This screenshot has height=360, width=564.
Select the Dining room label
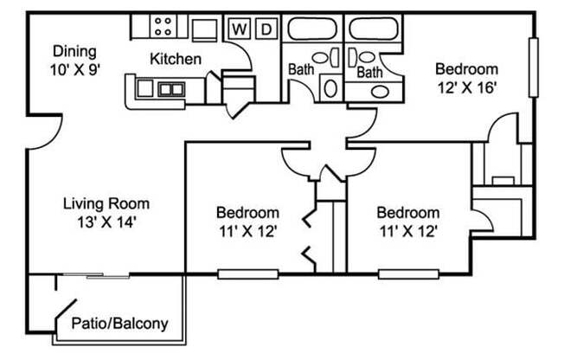[x=74, y=50]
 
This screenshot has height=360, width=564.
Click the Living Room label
[x=106, y=204]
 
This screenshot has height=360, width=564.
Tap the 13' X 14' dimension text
[x=106, y=221]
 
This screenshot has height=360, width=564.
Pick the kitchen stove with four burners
[x=163, y=27]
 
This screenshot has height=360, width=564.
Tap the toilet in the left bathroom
[x=330, y=87]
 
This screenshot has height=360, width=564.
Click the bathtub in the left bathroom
[x=314, y=29]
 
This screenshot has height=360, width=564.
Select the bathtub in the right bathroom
[x=373, y=29]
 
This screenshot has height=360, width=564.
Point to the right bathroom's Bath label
[x=369, y=73]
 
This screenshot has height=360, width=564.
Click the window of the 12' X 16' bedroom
[x=534, y=69]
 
